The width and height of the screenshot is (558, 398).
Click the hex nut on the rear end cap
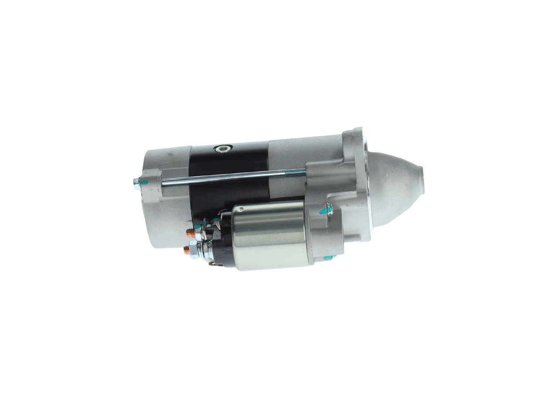pos(136,183)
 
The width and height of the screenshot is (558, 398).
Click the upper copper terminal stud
pos(190,232)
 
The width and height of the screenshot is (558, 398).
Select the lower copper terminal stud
pos(187,250)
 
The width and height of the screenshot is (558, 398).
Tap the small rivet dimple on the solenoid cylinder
pos(239,210)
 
